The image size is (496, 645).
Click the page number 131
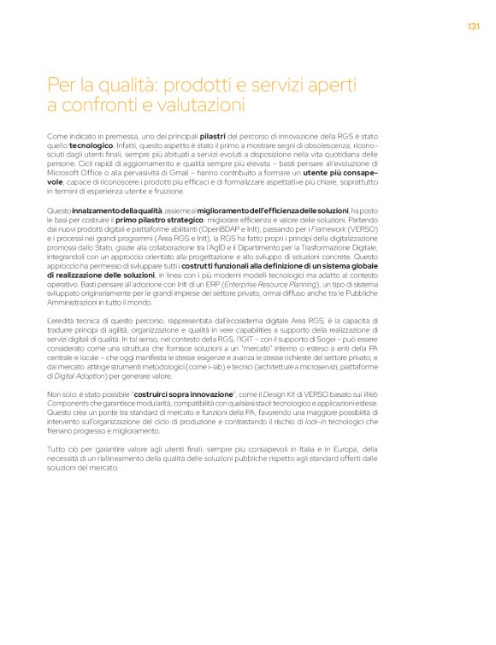[473, 26]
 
